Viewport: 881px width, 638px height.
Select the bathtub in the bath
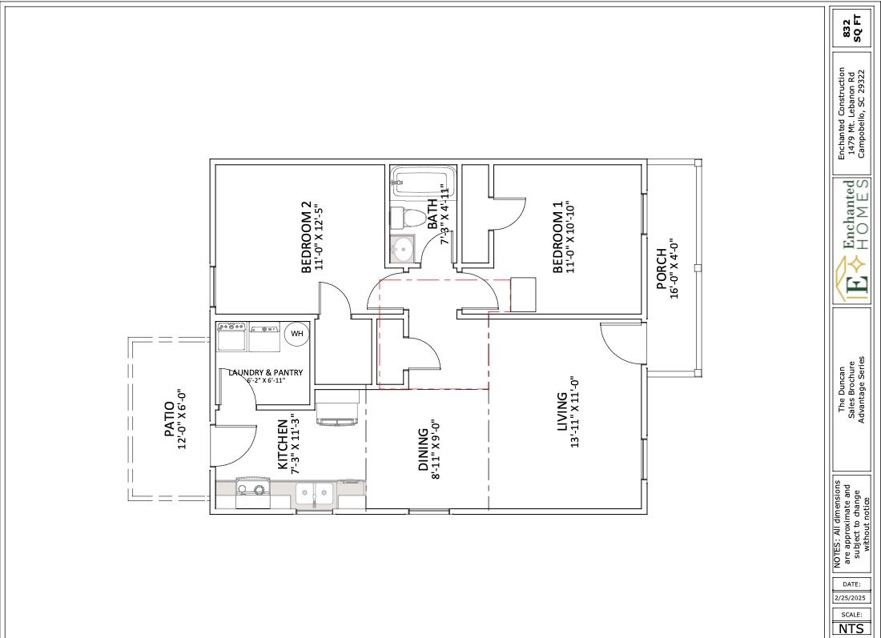coord(423,183)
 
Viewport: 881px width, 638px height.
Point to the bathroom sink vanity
coord(402,248)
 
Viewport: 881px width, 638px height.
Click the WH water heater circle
coord(297,333)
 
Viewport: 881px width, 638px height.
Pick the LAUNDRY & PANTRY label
coord(265,372)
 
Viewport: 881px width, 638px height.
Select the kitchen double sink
coord(315,493)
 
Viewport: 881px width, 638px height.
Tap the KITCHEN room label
coord(282,444)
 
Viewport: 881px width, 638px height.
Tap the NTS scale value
coord(851,628)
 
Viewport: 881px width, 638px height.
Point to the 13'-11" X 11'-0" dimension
coord(575,412)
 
